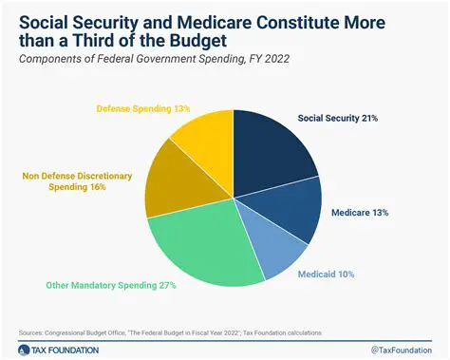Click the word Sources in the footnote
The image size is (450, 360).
34,331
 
